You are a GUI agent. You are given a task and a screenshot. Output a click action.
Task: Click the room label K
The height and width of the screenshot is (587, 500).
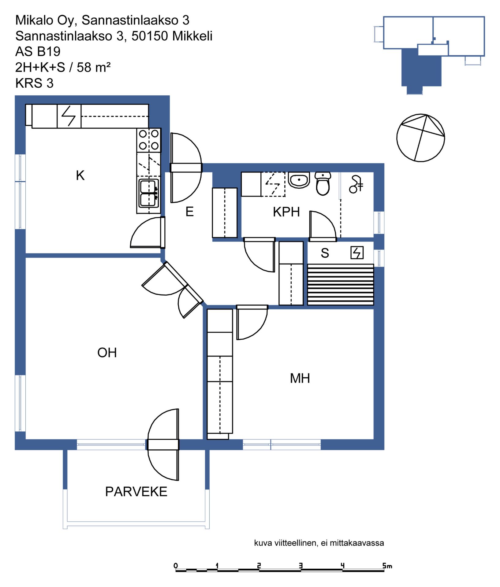pos(80,175)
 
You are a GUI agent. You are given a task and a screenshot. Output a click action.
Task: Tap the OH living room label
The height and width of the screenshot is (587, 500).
pos(107,353)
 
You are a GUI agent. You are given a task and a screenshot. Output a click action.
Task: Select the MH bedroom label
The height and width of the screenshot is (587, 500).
pos(300,378)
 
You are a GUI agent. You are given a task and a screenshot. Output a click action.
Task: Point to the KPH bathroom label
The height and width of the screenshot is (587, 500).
pos(286,212)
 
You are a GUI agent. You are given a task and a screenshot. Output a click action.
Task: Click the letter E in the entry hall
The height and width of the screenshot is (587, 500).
pos(190,212)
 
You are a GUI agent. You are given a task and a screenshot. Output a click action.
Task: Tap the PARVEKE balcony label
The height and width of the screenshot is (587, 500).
pos(136,492)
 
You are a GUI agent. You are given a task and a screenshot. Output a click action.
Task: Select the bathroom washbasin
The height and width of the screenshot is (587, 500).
pos(299,180)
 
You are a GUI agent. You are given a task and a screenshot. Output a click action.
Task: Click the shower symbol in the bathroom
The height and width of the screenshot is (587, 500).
pos(356,184)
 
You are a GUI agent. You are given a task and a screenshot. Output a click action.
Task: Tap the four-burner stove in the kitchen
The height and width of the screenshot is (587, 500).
pos(149,140)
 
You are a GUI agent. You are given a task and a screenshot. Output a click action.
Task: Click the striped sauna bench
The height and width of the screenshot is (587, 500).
pos(340,285)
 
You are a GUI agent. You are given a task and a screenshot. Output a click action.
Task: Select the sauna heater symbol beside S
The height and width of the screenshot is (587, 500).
pos(357,253)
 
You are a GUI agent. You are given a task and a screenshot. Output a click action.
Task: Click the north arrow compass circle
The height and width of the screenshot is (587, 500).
pos(420,138)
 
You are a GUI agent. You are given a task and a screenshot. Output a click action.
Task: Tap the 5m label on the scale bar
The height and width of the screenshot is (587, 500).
pos(387,566)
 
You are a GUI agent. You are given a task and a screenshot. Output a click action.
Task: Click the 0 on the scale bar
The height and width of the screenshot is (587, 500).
pos(176,566)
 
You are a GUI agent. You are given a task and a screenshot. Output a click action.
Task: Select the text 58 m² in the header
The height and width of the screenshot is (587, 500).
pos(94,67)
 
